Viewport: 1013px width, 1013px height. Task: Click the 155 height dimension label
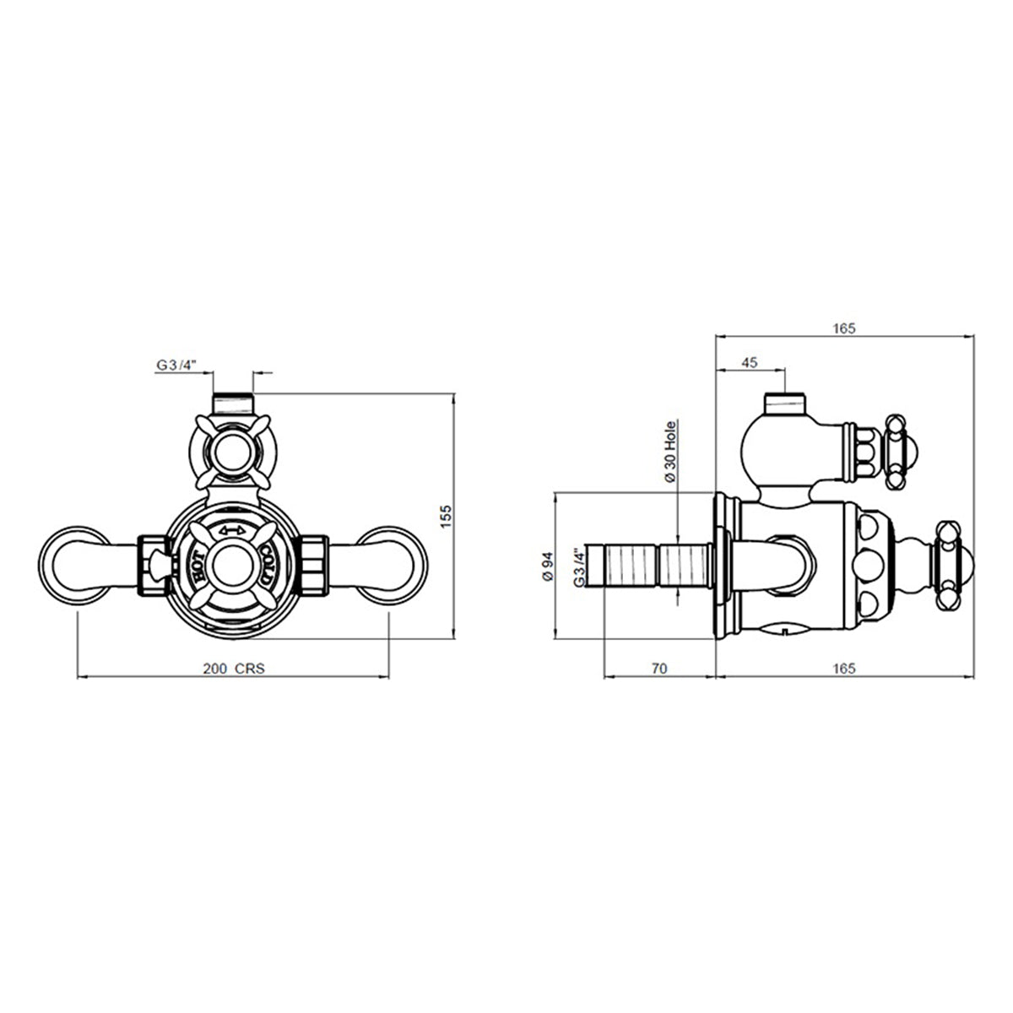(x=445, y=517)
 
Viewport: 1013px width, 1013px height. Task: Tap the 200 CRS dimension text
(x=234, y=669)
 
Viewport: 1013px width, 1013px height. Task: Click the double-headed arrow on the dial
(x=232, y=531)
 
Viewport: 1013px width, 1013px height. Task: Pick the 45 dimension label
(x=749, y=363)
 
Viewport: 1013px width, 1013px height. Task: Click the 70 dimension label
(x=658, y=668)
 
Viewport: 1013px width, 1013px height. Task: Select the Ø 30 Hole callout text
(x=669, y=452)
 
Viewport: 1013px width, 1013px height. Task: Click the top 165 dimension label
(x=843, y=328)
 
